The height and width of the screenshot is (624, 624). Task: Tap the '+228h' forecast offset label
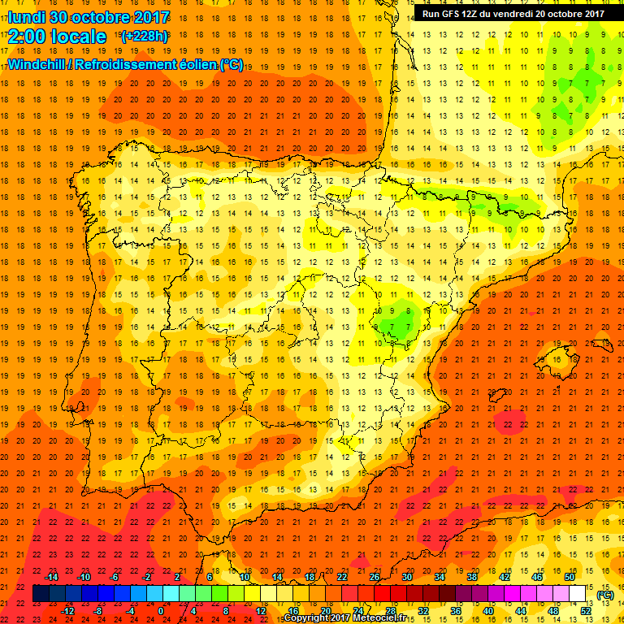pos(144,36)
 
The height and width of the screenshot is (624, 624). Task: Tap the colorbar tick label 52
pos(586,610)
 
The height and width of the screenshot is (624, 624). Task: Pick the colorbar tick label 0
pos(161,610)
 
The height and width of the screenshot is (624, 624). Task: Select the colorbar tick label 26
pos(374,577)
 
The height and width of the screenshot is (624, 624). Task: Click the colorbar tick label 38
pos(471,577)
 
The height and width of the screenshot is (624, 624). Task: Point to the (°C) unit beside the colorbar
pos(604,595)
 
